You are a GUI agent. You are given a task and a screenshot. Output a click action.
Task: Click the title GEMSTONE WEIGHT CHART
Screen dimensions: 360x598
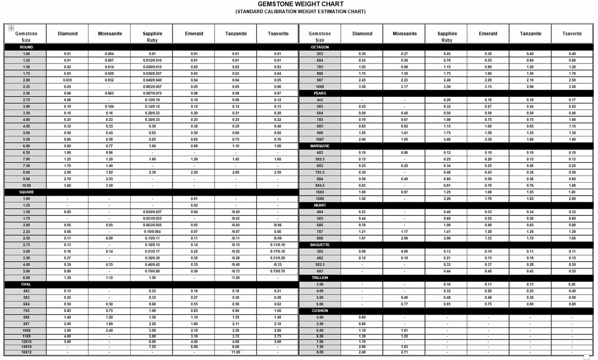300,4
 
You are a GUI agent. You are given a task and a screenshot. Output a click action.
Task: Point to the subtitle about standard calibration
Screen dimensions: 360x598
300,12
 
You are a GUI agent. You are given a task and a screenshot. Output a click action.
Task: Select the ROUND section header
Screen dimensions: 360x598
26,47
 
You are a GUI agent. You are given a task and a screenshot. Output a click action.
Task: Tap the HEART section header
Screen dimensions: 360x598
320,205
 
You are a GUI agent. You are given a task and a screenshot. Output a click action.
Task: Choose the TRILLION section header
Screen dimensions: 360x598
320,278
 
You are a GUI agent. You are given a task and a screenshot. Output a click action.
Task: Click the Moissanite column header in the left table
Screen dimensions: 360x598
110,33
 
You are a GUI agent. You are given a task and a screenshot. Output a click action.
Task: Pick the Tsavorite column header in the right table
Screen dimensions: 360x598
572,33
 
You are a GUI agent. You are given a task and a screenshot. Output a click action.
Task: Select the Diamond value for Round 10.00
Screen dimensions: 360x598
67,186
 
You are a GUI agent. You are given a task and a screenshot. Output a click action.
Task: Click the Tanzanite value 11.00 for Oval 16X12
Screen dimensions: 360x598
236,352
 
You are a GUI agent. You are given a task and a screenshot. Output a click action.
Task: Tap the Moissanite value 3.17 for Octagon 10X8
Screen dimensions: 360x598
404,87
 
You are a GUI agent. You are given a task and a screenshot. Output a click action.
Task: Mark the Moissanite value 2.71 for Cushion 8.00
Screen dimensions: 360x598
404,352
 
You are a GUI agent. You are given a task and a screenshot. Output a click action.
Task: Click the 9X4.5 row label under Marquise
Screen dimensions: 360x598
320,186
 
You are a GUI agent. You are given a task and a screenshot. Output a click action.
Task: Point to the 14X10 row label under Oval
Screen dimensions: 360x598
26,347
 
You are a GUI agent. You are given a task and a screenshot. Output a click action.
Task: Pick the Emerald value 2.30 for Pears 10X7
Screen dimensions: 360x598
488,140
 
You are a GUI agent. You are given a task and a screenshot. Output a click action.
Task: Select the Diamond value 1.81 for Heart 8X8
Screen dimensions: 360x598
362,238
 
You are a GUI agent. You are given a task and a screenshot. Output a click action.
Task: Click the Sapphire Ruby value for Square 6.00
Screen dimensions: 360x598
152,278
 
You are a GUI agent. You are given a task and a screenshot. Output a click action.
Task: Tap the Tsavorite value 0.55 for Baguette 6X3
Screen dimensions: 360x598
572,271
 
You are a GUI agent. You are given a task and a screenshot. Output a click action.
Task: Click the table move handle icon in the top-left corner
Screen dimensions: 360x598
11,28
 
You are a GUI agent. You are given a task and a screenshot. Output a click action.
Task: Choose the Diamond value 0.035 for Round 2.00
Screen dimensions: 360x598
67,80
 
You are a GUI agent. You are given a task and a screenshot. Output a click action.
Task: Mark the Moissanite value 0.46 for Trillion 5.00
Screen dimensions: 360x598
404,298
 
